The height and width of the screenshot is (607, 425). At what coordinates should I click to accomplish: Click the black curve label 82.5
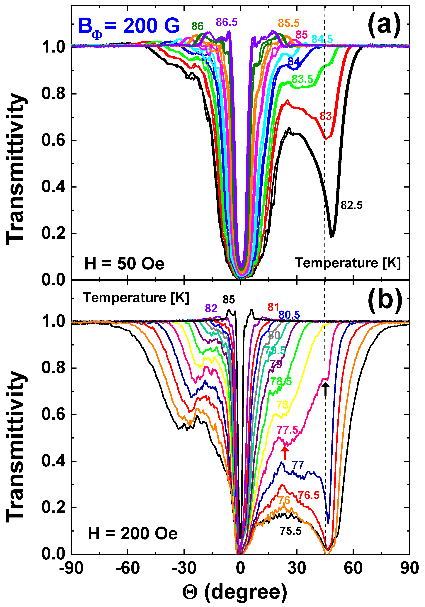pyautogui.click(x=351, y=205)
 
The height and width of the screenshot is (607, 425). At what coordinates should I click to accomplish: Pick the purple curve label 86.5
pyautogui.click(x=227, y=22)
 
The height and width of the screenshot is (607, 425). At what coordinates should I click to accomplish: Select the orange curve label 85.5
pyautogui.click(x=289, y=23)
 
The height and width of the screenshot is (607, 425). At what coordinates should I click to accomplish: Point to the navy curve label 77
pyautogui.click(x=298, y=465)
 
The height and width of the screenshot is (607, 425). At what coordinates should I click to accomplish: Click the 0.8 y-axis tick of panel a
pyautogui.click(x=53, y=94)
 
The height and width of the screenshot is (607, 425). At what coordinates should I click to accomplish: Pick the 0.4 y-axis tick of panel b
pyautogui.click(x=53, y=461)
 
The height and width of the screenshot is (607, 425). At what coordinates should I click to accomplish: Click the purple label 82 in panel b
pyautogui.click(x=211, y=308)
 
